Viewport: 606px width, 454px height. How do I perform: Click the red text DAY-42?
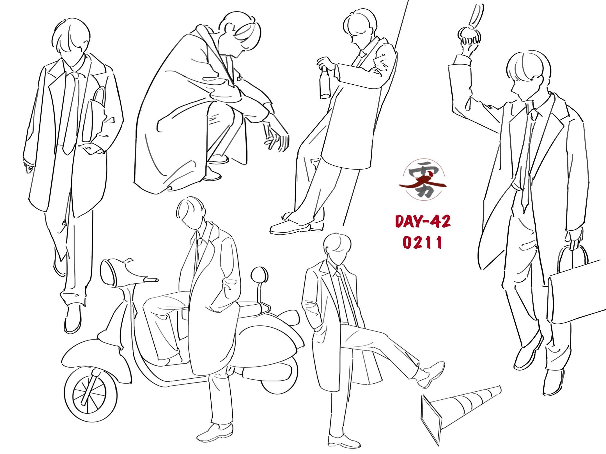coord(423,221)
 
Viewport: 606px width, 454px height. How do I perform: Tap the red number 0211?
coord(422,242)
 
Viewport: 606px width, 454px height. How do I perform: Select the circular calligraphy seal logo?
coord(423,180)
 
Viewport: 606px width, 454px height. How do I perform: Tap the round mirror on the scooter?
coord(259,275)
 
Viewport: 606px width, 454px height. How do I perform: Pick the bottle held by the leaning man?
coord(325,83)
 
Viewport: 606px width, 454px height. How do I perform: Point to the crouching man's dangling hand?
coord(276,137)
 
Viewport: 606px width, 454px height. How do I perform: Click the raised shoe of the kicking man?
coord(431,374)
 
